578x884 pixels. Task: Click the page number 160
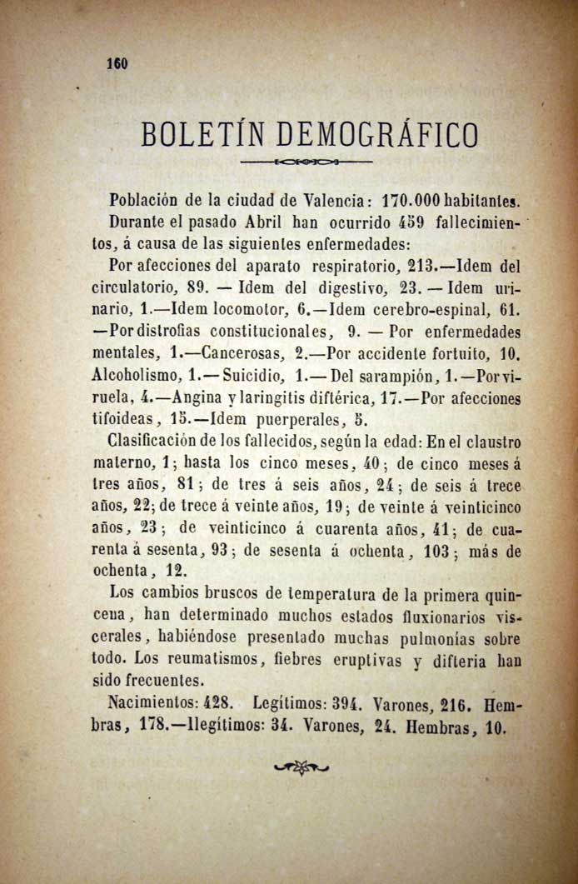click(115, 64)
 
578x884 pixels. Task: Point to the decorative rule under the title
click(305, 161)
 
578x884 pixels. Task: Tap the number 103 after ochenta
click(450, 551)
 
